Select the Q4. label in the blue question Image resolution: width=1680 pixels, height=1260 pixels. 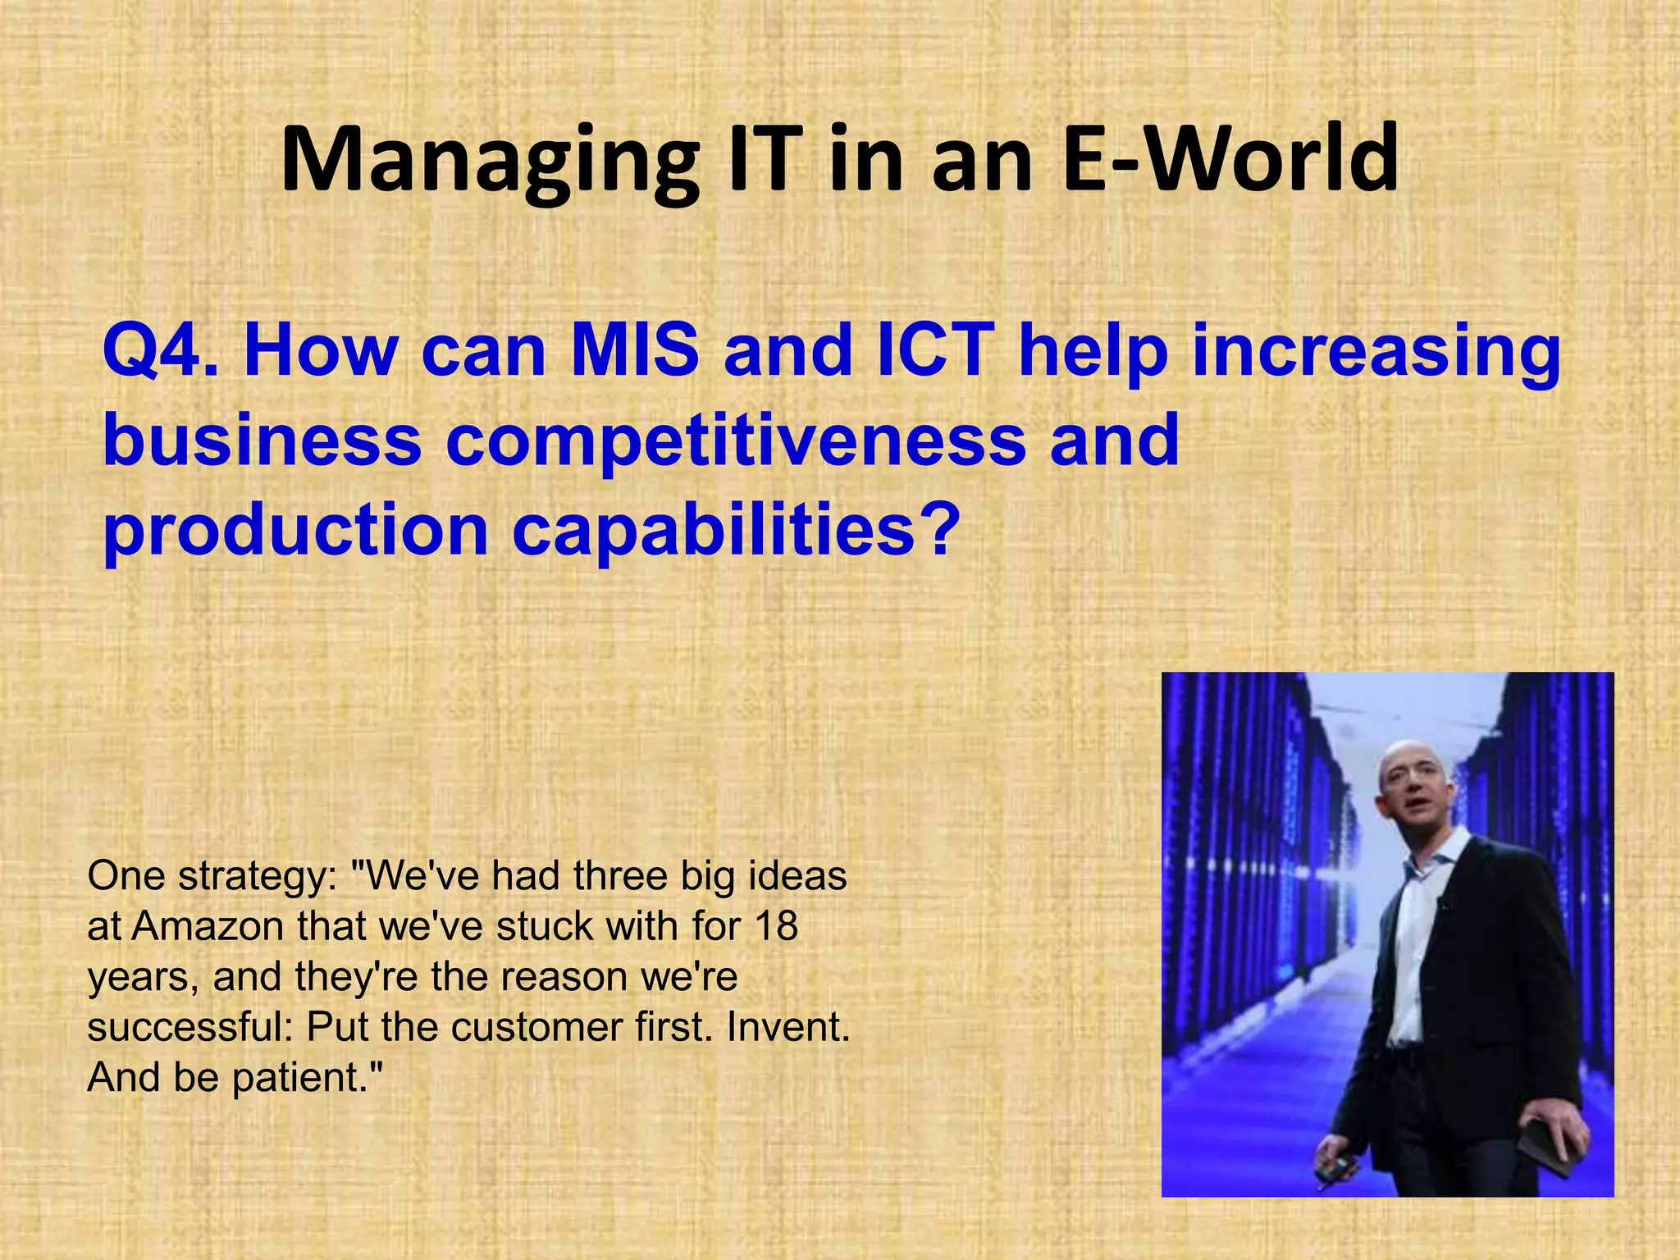(161, 350)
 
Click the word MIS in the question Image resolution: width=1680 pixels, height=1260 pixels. (635, 350)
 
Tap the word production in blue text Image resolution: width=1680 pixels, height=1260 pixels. (296, 529)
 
